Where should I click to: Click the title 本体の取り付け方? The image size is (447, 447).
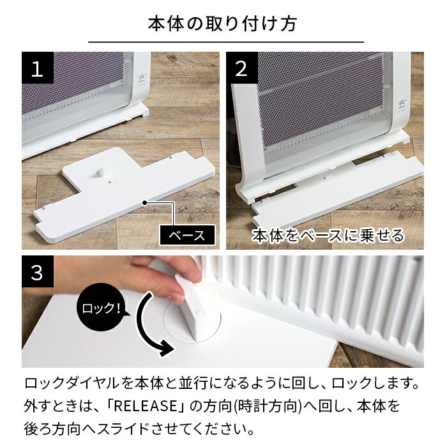[222, 24]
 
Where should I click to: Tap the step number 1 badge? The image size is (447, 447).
[37, 68]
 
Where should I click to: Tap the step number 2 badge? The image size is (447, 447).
[241, 68]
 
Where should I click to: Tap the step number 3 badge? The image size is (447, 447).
[37, 272]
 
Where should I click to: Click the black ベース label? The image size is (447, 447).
[186, 235]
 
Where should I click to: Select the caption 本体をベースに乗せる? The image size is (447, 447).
[328, 235]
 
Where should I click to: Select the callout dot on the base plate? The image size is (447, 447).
[146, 202]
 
